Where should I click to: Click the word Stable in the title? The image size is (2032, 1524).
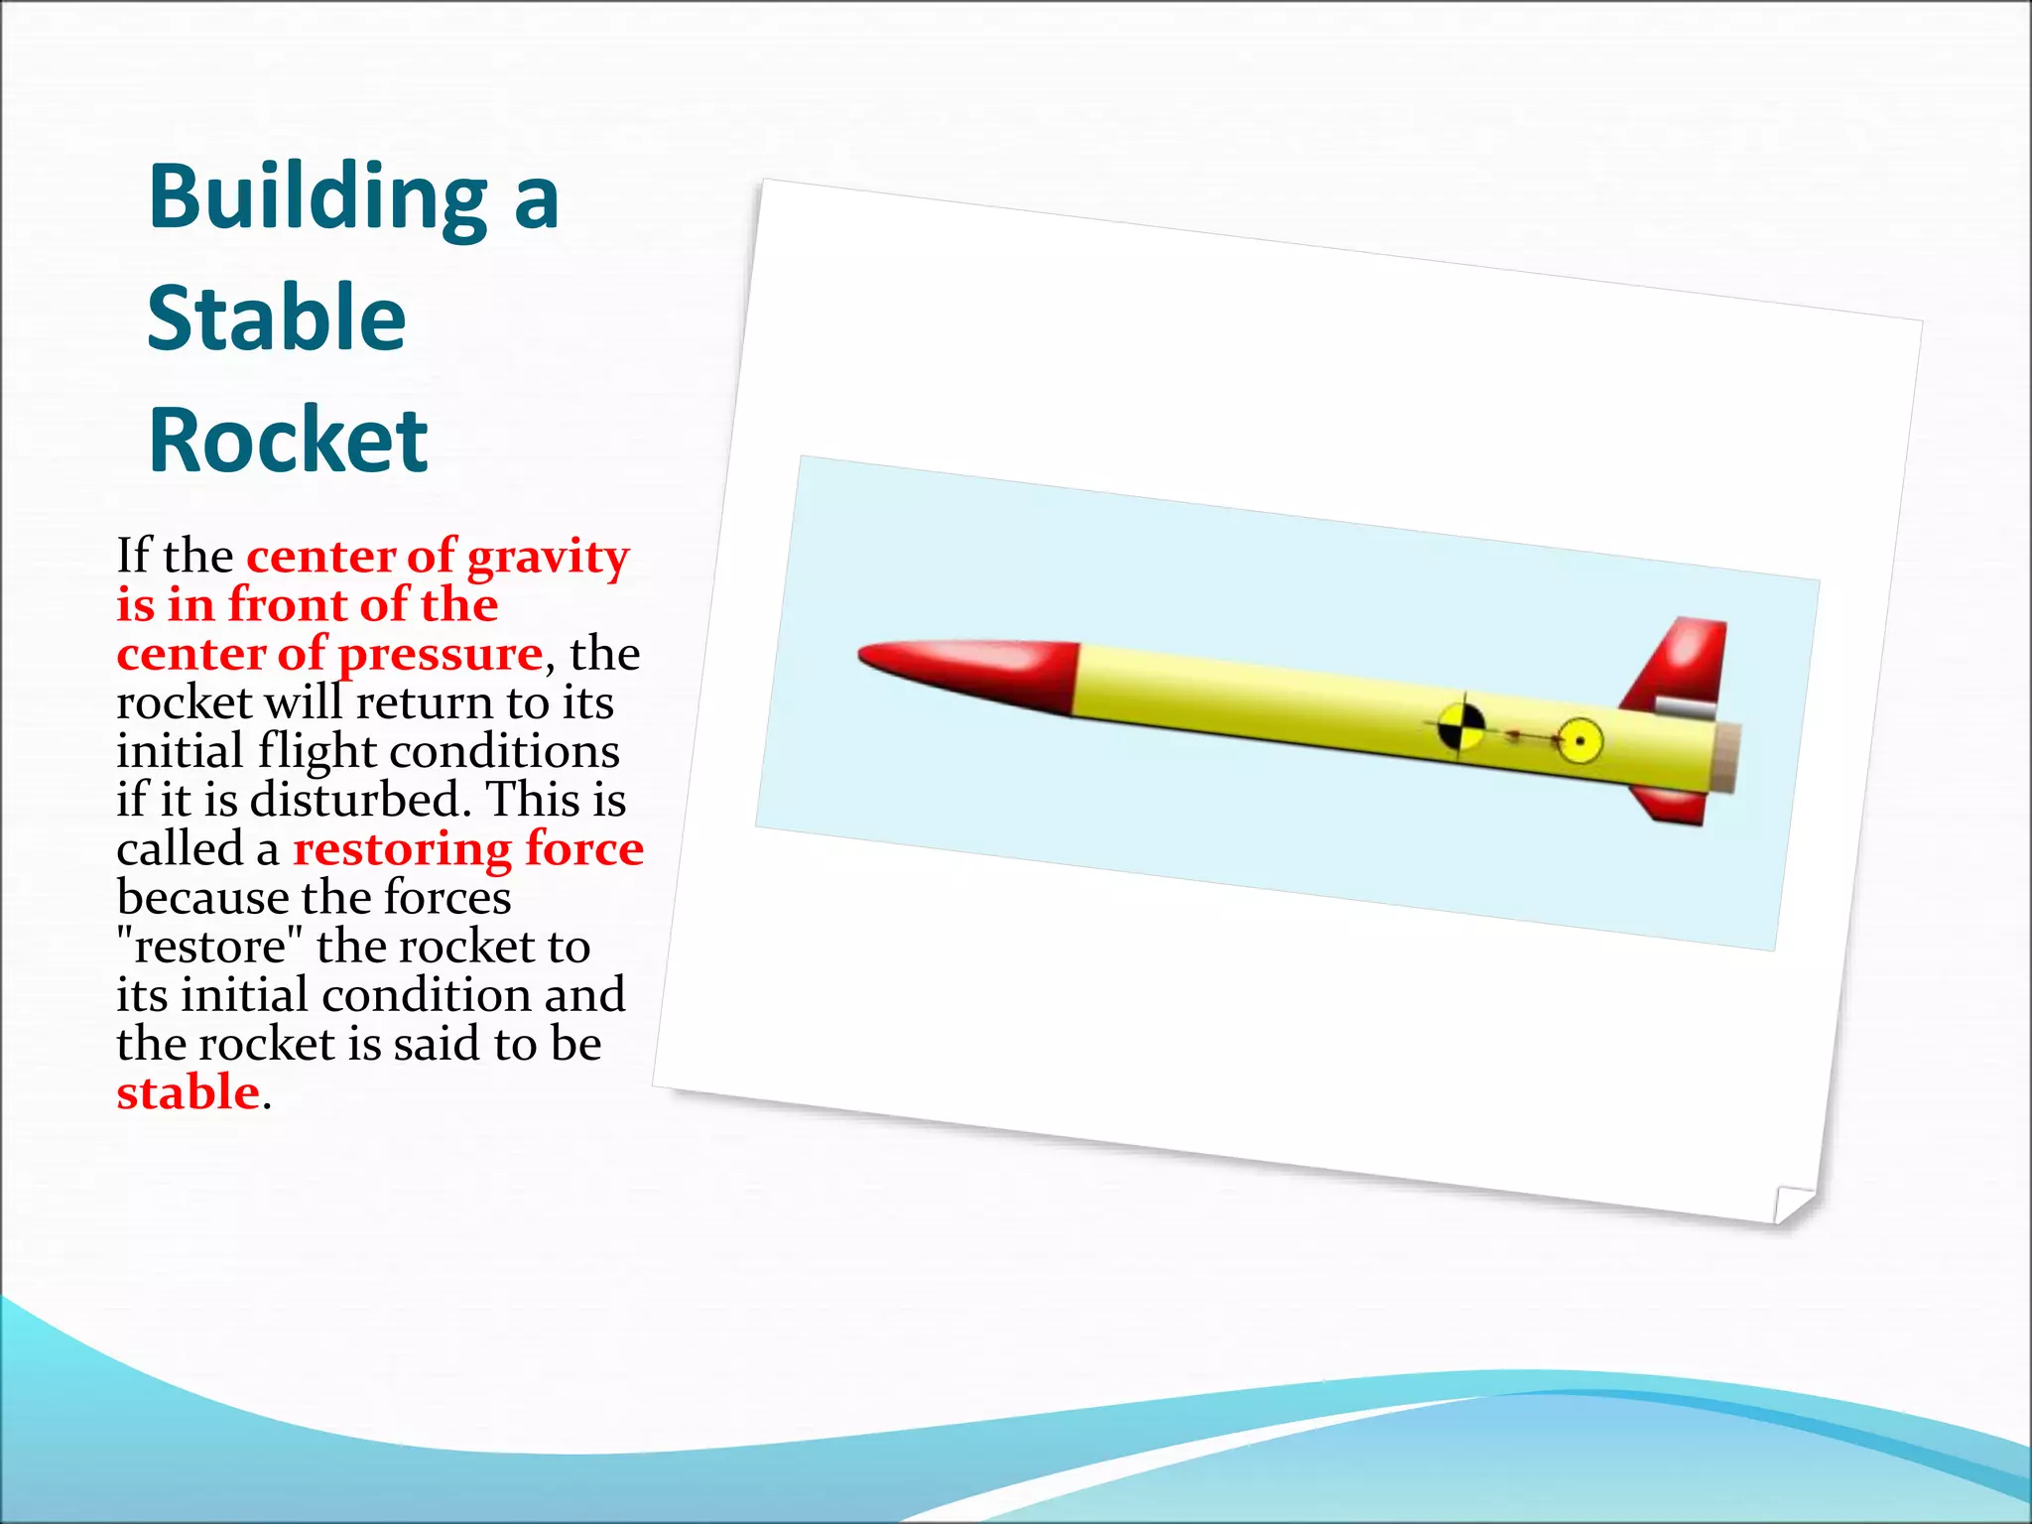pos(276,319)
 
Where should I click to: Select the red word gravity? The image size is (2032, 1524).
pos(548,558)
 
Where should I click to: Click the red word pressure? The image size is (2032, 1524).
pos(441,655)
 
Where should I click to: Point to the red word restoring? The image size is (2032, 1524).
pos(402,849)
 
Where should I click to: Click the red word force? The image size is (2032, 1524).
pos(584,849)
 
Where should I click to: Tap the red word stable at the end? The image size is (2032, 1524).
pos(188,1093)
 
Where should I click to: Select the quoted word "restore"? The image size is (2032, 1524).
pos(209,947)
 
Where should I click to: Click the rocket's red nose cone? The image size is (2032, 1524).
pos(967,672)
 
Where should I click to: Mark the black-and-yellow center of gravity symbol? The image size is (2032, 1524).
pos(1460,727)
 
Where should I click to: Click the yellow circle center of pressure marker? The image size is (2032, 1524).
pos(1579,741)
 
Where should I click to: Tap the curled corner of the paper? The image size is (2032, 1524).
pos(1791,1204)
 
